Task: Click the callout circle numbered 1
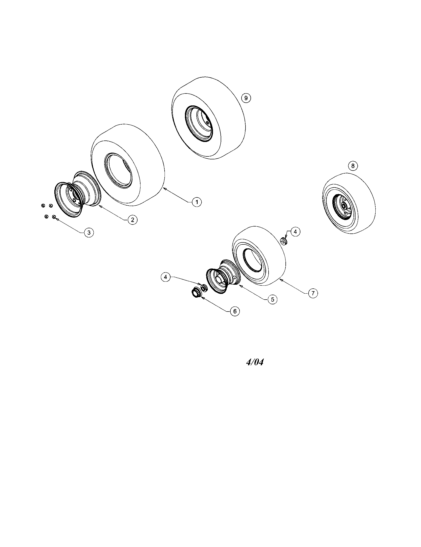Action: [x=197, y=202]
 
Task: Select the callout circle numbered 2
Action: [x=132, y=220]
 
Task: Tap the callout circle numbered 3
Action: [x=89, y=232]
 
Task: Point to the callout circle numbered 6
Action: [x=235, y=311]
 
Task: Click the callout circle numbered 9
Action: [x=246, y=98]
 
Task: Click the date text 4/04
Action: [x=255, y=363]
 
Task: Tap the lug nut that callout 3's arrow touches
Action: [x=54, y=217]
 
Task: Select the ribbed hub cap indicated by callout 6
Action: [x=195, y=292]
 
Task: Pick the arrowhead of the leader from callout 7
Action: [x=281, y=278]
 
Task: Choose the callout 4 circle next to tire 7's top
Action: [x=295, y=232]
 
